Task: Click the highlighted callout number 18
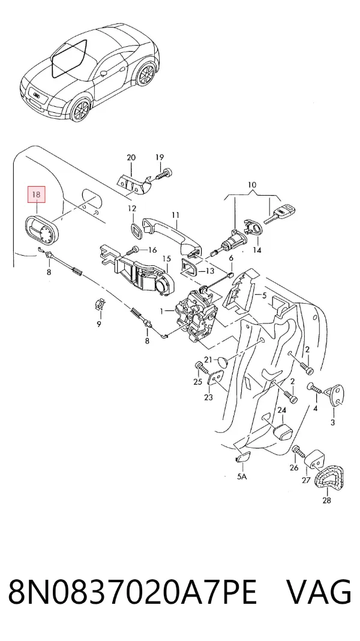coord(36,194)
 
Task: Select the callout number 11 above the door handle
coord(176,215)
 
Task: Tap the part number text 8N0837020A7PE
coord(133,592)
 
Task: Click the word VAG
coord(319,592)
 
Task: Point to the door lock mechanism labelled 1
coord(196,314)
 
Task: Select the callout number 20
coord(131,157)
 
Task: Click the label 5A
coord(242,477)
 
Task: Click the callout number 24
coord(282,409)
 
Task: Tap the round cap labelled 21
coord(222,362)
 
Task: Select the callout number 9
coord(98,325)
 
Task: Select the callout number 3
coord(332,423)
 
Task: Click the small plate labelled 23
coord(217,378)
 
